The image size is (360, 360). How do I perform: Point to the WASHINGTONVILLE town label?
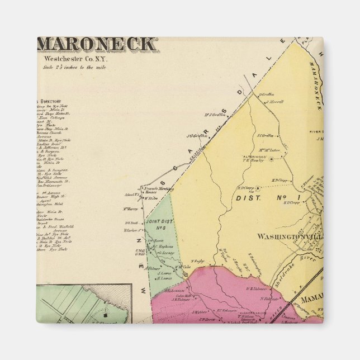[x=289, y=236]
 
